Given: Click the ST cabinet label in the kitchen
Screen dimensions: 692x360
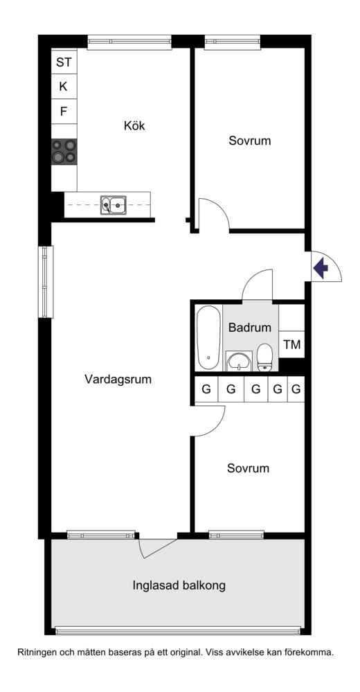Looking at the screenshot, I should [x=64, y=62].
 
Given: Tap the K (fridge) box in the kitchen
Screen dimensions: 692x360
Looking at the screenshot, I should [x=64, y=87].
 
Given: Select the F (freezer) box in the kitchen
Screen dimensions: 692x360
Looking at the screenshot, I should [x=64, y=111].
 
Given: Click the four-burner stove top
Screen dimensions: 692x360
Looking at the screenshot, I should [x=64, y=151].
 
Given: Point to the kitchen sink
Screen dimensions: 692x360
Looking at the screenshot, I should [x=114, y=204].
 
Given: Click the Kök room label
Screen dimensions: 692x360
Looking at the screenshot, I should [x=136, y=126].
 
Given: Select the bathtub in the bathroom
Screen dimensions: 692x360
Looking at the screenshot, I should [x=207, y=338].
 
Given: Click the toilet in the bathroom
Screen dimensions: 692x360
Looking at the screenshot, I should [x=265, y=357].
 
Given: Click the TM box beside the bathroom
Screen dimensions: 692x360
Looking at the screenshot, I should [x=291, y=345].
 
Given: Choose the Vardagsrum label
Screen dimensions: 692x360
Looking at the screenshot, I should [x=118, y=380].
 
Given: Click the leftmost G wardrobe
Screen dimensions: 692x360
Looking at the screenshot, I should [x=206, y=389].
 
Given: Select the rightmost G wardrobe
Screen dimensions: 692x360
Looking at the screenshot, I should [x=296, y=389].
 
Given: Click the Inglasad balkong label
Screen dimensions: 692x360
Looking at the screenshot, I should [x=179, y=585].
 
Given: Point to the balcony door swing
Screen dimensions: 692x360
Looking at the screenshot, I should [x=156, y=546].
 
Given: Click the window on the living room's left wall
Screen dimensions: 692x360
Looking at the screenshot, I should [x=45, y=282].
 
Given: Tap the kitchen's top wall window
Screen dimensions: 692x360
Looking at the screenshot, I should [x=129, y=42].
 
